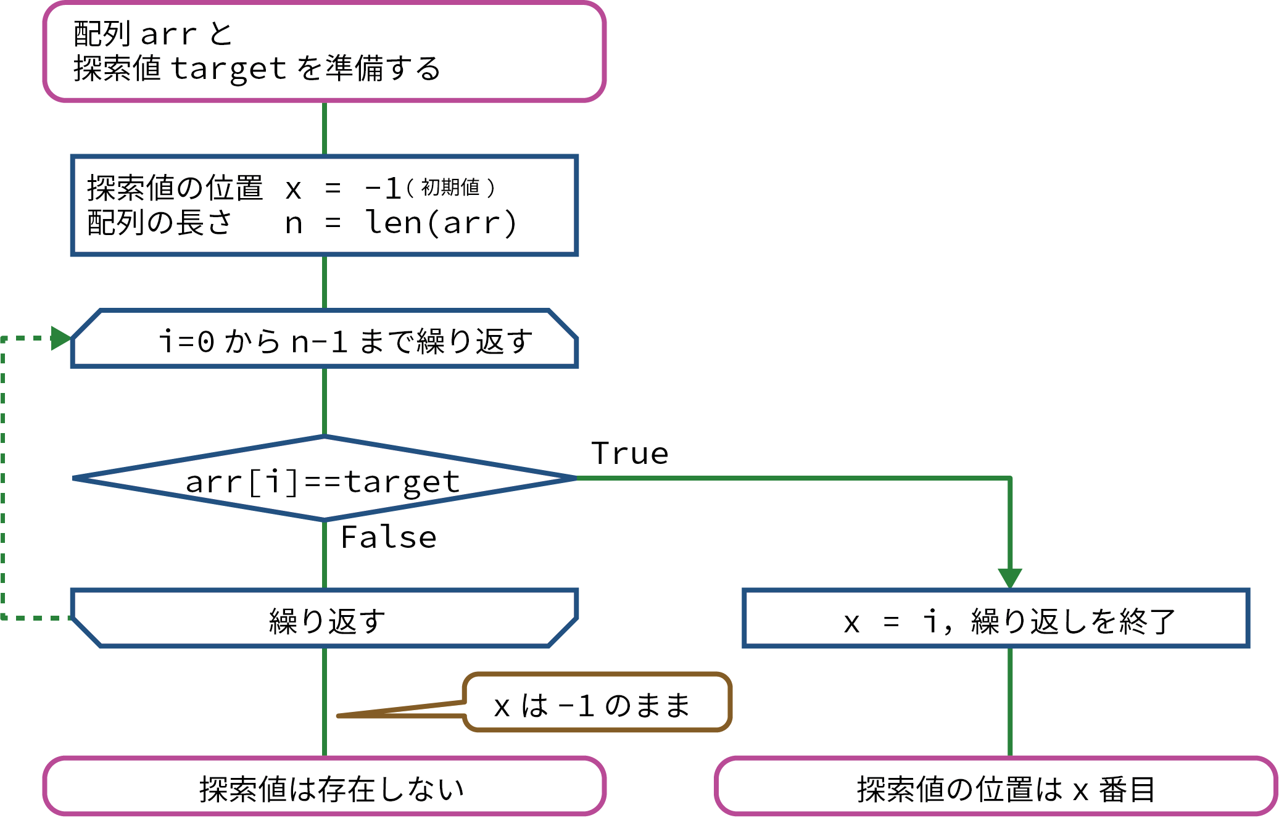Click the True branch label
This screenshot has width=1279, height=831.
point(629,453)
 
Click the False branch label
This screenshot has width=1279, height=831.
point(389,537)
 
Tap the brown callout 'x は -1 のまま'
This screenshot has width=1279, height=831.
point(597,704)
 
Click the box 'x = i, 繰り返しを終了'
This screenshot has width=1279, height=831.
point(995,619)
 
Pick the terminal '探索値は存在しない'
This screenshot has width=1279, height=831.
point(324,787)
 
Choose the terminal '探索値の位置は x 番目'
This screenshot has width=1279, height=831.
point(995,787)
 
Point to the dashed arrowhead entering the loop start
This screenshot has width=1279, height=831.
point(61,338)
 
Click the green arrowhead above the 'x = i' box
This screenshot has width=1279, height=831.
point(1010,577)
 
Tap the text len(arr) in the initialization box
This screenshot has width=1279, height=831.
point(441,223)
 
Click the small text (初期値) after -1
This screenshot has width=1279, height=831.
point(450,187)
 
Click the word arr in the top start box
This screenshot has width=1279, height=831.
point(168,35)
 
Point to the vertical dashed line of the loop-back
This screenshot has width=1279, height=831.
point(3,478)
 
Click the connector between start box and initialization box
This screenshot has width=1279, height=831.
point(325,128)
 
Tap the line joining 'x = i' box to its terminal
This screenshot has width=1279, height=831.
point(1010,702)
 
